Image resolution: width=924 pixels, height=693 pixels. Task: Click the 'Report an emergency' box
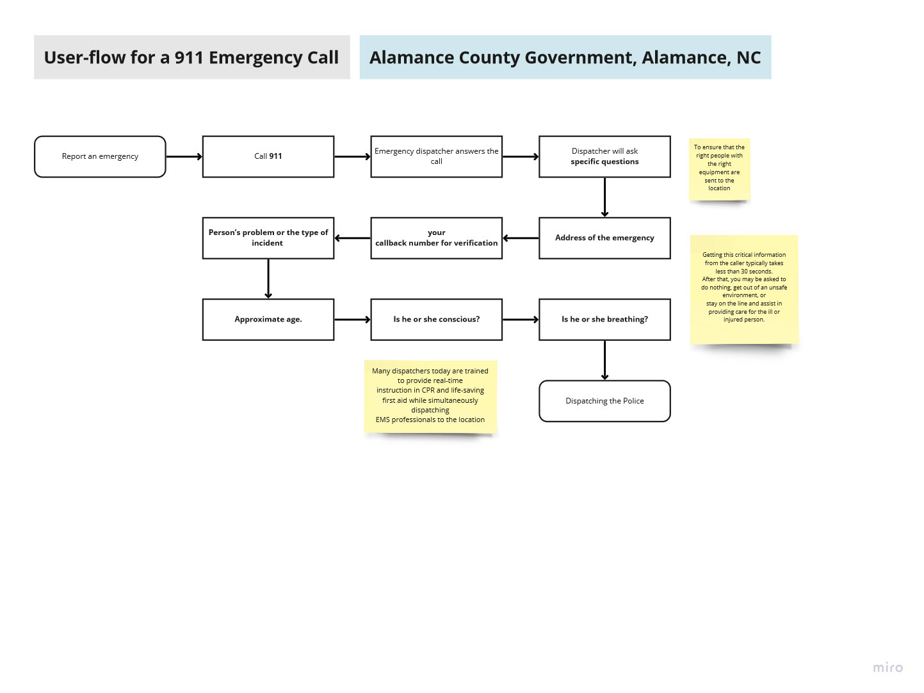pyautogui.click(x=100, y=156)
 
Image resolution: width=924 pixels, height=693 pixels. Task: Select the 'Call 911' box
pyautogui.click(x=268, y=156)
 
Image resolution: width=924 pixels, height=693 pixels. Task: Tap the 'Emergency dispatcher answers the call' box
pyautogui.click(x=436, y=156)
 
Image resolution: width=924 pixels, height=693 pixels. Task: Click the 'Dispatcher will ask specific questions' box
pyautogui.click(x=604, y=156)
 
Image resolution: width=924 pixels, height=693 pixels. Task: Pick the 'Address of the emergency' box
pyautogui.click(x=604, y=238)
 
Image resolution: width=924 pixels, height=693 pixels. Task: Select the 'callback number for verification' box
pyautogui.click(x=436, y=238)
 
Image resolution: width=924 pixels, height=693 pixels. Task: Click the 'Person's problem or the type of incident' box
pyautogui.click(x=268, y=238)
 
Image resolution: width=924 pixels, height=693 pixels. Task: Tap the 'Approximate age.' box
pyautogui.click(x=268, y=319)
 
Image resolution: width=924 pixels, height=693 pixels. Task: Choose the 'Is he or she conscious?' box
pyautogui.click(x=436, y=319)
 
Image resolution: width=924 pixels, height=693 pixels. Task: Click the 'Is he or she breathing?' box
pyautogui.click(x=604, y=319)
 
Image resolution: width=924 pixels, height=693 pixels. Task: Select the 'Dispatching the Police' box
pyautogui.click(x=604, y=401)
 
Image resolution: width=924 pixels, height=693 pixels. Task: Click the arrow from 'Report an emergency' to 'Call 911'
pyautogui.click(x=184, y=156)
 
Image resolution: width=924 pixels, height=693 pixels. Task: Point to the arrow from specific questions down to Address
pyautogui.click(x=604, y=197)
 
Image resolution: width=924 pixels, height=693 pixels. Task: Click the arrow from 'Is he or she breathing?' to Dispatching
pyautogui.click(x=604, y=360)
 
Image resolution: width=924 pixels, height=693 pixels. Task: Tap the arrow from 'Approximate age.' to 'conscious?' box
pyautogui.click(x=352, y=319)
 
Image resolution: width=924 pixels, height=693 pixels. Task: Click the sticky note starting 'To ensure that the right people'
pyautogui.click(x=719, y=168)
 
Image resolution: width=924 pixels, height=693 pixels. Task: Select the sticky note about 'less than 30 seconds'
pyautogui.click(x=744, y=288)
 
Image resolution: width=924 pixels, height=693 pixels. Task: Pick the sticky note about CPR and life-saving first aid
pyautogui.click(x=430, y=396)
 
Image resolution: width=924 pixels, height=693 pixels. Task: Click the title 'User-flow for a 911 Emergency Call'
pyautogui.click(x=191, y=58)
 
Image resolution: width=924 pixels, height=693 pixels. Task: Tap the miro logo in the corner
pyautogui.click(x=888, y=667)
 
